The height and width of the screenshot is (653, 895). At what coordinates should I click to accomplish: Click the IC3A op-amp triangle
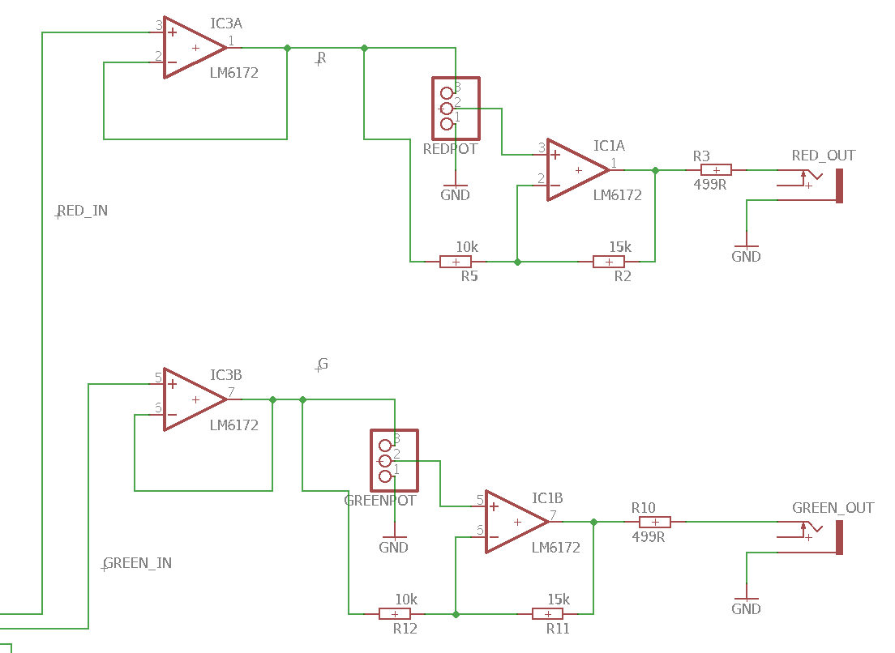(x=195, y=47)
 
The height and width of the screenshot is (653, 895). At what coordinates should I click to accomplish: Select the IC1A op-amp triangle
(x=578, y=170)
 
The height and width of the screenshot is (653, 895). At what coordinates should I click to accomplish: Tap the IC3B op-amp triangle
(x=195, y=399)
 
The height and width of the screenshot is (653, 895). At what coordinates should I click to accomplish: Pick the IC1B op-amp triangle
(x=517, y=522)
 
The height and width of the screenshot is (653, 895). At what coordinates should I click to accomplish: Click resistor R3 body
(x=716, y=170)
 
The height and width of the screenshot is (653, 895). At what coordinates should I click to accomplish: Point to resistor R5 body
(x=456, y=262)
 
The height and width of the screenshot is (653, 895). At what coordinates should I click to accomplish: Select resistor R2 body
(x=609, y=262)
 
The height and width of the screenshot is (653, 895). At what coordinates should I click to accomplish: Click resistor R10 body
(x=655, y=522)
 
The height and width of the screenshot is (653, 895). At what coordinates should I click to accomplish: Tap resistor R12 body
(x=395, y=613)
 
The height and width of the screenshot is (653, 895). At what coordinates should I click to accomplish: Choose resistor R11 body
(x=547, y=613)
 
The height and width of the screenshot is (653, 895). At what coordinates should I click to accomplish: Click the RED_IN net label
(x=83, y=211)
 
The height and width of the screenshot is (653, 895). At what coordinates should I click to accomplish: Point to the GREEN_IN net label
(x=138, y=563)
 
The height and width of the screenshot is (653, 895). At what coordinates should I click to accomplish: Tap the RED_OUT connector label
(x=823, y=156)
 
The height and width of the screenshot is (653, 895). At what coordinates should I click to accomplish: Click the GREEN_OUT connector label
(x=833, y=507)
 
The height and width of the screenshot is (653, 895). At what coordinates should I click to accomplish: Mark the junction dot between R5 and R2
(x=517, y=262)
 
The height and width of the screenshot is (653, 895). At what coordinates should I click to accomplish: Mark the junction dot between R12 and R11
(x=456, y=614)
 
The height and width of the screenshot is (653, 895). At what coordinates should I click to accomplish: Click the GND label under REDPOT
(x=455, y=195)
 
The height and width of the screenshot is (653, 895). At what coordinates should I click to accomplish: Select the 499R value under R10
(x=649, y=537)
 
